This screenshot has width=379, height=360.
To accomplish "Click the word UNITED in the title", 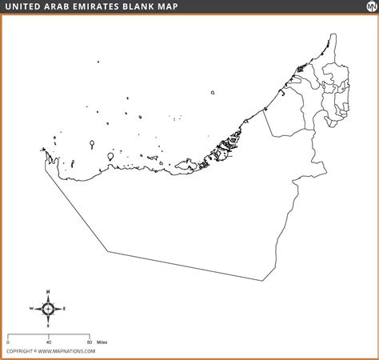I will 26,7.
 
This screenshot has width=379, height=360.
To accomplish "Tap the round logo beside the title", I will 364,8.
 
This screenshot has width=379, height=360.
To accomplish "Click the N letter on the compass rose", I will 48,290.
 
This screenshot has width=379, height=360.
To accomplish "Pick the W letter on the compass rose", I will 31,308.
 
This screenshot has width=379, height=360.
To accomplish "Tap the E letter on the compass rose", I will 65,308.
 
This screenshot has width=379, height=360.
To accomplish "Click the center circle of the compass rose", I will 48,308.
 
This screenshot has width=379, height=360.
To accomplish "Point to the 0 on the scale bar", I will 8,342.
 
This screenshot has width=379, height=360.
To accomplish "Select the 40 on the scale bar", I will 48,342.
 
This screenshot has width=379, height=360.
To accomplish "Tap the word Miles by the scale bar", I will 102,342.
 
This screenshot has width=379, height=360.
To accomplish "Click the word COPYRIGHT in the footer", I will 19,351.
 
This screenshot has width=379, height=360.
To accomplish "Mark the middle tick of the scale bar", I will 48,334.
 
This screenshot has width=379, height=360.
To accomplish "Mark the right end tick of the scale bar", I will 88,334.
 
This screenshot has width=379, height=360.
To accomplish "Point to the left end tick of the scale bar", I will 8,334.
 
